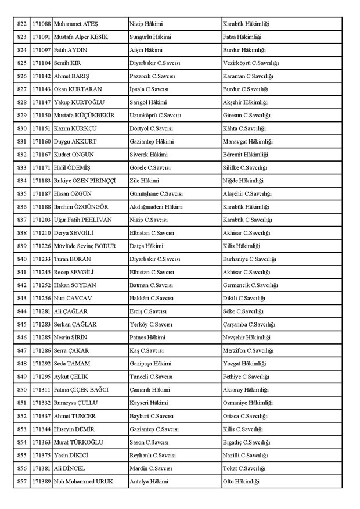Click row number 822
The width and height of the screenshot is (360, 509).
pos(22,24)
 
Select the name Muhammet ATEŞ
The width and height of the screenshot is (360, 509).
pos(75,24)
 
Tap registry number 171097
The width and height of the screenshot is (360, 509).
pos(41,50)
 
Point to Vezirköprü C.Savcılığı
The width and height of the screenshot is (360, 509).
pos(251,63)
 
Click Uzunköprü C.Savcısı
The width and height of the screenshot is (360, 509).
pos(156,116)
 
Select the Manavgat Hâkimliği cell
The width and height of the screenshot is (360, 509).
pos(248,142)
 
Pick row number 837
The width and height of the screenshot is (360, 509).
pos(22,220)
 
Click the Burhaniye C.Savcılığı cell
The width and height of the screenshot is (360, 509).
pos(250,259)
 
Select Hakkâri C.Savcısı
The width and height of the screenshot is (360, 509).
pos(152,299)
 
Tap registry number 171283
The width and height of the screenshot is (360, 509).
pos(41,325)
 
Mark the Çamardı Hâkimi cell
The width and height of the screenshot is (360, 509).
pos(150,390)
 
